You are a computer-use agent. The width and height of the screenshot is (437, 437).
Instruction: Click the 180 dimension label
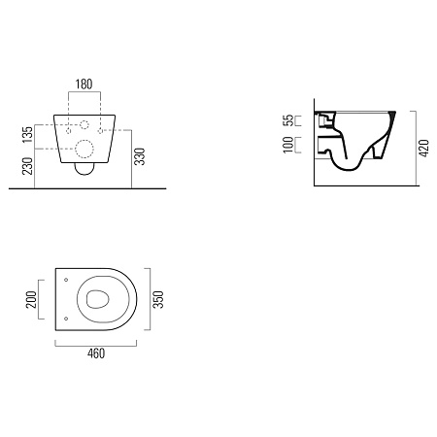click(x=84, y=84)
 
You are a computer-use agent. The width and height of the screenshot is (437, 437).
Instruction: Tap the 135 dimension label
click(x=28, y=135)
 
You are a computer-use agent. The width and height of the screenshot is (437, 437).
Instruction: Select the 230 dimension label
click(x=28, y=166)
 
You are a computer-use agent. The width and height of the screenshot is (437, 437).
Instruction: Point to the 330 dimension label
click(x=140, y=156)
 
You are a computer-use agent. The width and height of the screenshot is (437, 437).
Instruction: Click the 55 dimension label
click(x=288, y=120)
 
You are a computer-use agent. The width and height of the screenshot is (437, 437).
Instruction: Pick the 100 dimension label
click(x=288, y=145)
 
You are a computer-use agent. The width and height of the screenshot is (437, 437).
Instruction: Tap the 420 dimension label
click(x=423, y=149)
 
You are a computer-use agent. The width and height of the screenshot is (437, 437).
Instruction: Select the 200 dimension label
click(x=32, y=299)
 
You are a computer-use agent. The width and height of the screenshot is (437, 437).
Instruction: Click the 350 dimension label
click(x=158, y=299)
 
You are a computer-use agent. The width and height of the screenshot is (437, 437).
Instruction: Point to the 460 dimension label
click(x=96, y=353)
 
